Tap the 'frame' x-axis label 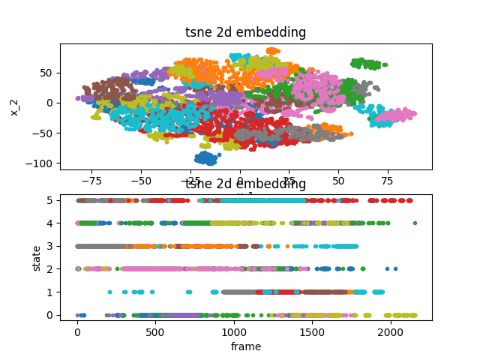(245, 346)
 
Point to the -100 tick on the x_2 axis (44, 163)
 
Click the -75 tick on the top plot (91, 181)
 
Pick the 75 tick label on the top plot (388, 181)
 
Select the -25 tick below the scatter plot (190, 181)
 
